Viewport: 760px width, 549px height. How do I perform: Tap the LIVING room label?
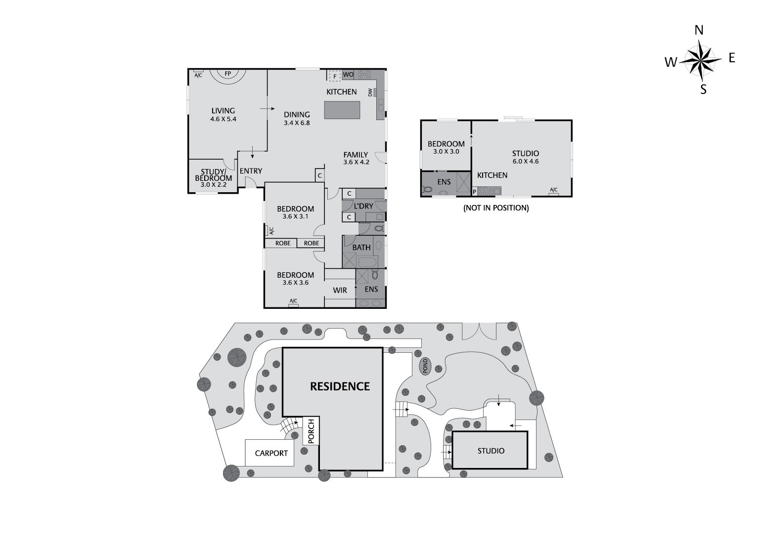coord(223,111)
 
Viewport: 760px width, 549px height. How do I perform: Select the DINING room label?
coord(297,115)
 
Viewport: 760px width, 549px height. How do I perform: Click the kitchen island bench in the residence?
coord(342,110)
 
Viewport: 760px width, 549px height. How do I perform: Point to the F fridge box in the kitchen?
coord(335,76)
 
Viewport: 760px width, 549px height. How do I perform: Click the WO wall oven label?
coord(348,75)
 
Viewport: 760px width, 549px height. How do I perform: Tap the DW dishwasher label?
coord(370,92)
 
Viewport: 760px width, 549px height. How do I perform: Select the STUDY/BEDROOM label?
coord(214,175)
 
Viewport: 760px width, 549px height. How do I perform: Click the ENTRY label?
coord(251,171)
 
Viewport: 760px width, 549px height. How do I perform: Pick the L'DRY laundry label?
coord(363,206)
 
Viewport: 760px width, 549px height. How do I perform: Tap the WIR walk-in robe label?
coord(340,291)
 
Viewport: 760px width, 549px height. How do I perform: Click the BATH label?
coord(361,247)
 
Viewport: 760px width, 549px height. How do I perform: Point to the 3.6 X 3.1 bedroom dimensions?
coord(295,216)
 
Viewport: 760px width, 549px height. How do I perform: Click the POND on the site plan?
coord(424,366)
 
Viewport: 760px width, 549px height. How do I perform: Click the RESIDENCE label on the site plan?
coord(340,386)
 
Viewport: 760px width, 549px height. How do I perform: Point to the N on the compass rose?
coord(699,31)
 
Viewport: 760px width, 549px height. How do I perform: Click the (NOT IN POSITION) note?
coord(496,208)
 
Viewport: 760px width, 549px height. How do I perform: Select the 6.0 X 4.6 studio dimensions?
coord(525,161)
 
